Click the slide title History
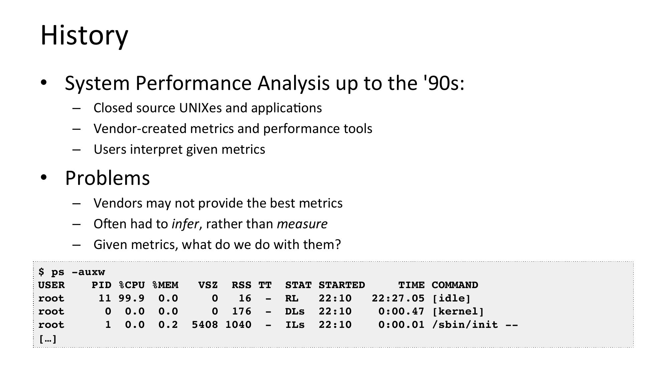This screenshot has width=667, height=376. (84, 35)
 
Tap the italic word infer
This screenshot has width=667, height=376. (185, 224)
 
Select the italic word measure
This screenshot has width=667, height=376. (302, 224)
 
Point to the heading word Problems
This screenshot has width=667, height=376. (107, 178)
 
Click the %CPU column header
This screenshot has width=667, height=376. (132, 285)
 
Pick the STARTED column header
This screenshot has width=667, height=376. (342, 285)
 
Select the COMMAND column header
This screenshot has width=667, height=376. (455, 285)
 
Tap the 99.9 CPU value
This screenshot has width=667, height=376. (132, 298)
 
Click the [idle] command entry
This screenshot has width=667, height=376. (451, 298)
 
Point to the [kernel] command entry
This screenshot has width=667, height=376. (458, 311)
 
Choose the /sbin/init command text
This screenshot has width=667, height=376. (465, 325)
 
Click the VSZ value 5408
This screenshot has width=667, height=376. (205, 325)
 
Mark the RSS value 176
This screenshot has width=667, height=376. (241, 311)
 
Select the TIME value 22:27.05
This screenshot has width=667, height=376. (398, 298)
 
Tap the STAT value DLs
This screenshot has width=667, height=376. (295, 311)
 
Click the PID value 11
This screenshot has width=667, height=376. (105, 298)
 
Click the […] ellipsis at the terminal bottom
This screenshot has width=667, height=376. (48, 339)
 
